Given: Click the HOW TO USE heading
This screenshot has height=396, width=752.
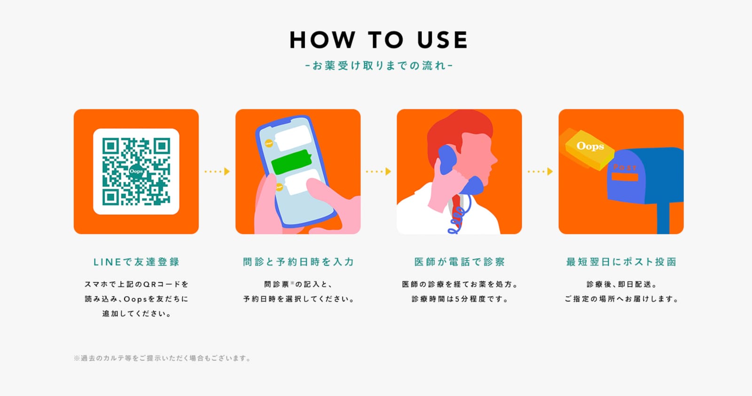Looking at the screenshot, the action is point(379,40).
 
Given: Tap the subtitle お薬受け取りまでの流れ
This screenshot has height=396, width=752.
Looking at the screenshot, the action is point(379,65).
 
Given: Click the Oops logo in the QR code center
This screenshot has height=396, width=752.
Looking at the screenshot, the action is point(136,171).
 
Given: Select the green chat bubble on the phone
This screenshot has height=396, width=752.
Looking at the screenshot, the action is point(291,162).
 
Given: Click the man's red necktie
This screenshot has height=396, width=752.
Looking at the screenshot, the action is point(457,210).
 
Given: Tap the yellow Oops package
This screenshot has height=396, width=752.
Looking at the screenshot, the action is point(589,149).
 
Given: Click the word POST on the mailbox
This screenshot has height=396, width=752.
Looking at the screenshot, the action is point(625,167).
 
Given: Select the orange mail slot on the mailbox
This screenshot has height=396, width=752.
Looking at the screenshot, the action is point(625,177).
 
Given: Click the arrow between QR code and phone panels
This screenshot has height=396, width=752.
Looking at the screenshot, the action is point(217,171).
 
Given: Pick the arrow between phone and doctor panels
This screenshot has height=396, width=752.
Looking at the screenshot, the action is point(378,171).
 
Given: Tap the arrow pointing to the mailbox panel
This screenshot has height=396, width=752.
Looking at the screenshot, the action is point(540,171).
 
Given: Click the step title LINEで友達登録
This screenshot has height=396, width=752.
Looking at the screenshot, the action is point(136,262).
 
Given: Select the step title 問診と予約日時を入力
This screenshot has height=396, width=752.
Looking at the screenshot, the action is point(298,262).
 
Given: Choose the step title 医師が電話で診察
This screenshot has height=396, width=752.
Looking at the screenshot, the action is point(460,262).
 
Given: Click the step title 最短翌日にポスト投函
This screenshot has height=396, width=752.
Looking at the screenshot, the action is point(621,262).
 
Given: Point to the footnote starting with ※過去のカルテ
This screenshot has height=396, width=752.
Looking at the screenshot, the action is point(162,358).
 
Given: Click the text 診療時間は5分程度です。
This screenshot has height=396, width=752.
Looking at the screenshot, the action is point(460,299).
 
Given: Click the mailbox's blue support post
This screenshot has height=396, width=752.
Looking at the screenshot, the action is point(663,218).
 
